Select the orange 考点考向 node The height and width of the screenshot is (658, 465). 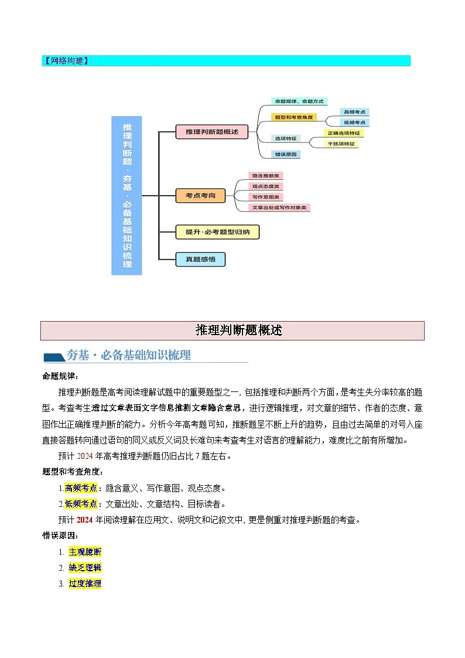[200, 196]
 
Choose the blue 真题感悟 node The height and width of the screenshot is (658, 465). [200, 260]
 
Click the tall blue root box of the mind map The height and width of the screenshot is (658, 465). [126, 195]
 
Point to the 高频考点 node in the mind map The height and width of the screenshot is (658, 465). [355, 112]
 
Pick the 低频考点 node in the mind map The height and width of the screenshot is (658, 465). [355, 122]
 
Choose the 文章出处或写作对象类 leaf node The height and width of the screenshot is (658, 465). [280, 207]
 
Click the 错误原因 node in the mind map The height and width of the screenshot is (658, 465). [286, 155]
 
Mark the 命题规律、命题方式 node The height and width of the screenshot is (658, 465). [299, 101]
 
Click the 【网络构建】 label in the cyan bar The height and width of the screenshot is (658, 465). [66, 61]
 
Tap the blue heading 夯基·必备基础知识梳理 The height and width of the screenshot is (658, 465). [129, 356]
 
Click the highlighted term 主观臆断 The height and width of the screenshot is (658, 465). [85, 552]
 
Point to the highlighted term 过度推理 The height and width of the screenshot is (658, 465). [85, 584]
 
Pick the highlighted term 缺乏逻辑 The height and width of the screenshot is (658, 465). [85, 568]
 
